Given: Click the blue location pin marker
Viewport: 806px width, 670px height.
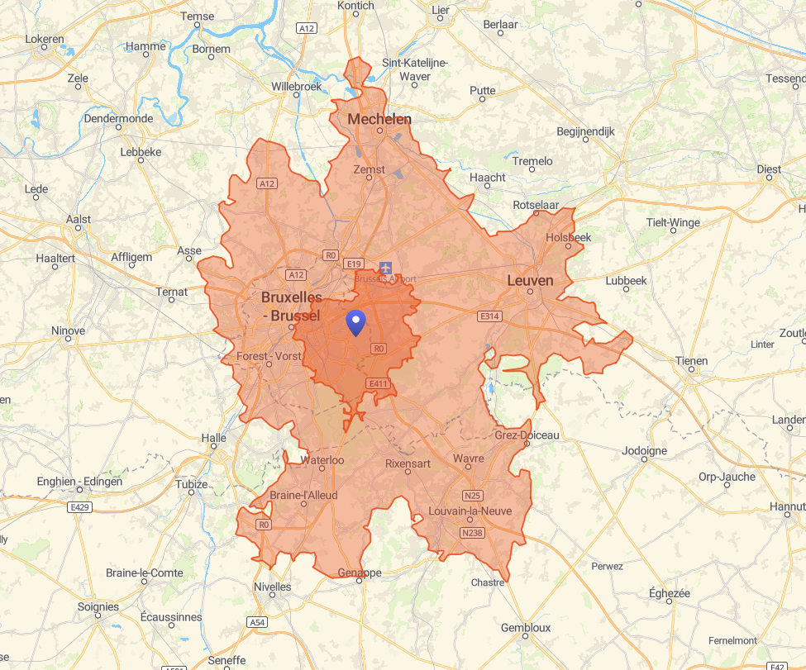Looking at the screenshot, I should point(356,323).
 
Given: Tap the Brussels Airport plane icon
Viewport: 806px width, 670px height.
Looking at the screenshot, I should point(385,267).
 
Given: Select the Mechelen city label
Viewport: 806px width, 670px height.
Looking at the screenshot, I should point(379,119).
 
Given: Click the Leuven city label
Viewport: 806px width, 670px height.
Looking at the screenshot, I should point(529,281).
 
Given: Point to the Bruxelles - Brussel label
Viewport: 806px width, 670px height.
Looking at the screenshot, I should point(291,306).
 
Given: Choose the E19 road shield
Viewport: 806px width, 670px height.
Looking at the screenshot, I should point(354,264).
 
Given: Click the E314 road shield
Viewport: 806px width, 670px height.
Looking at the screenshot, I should point(489,316).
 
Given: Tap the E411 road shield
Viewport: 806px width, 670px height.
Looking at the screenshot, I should point(379,383).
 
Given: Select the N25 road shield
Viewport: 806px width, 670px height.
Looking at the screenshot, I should point(472,496).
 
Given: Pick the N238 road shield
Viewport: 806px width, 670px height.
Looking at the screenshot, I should point(472,533).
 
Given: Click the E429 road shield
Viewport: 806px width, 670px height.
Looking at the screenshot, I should point(80,506).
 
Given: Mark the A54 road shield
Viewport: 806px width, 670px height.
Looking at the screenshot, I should point(256,621).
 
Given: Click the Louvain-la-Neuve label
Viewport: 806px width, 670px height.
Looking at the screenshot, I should point(470,511).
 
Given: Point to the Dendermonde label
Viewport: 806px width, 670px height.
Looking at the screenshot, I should point(118,118).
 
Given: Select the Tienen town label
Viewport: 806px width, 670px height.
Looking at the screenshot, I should point(691,360).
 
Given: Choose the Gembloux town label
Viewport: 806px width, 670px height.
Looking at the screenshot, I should point(525,628).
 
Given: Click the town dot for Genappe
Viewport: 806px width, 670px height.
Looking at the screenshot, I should point(360,581).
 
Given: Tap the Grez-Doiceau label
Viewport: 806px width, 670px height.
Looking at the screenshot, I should point(527,435).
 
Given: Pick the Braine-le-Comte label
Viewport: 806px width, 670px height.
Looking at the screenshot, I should point(145,573).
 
